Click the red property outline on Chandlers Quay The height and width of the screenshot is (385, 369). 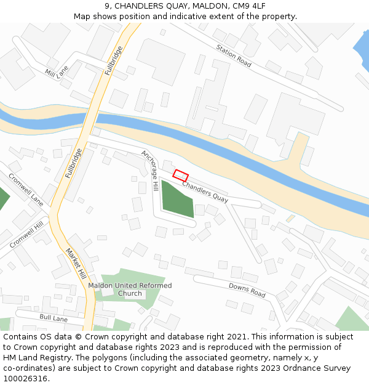coord(180,175)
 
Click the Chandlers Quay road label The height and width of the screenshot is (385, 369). coord(205,192)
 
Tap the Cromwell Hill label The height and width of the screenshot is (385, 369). coord(30,233)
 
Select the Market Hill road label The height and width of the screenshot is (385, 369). coord(74,263)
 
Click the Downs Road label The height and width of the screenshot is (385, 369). coord(247,290)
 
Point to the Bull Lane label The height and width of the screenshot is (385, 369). coord(54,318)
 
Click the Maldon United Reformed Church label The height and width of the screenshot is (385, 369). coord(130,290)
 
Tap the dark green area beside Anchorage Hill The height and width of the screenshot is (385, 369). coord(176,199)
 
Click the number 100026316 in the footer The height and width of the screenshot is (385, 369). coord(25,378)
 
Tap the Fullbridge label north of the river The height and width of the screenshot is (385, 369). coord(114,59)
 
